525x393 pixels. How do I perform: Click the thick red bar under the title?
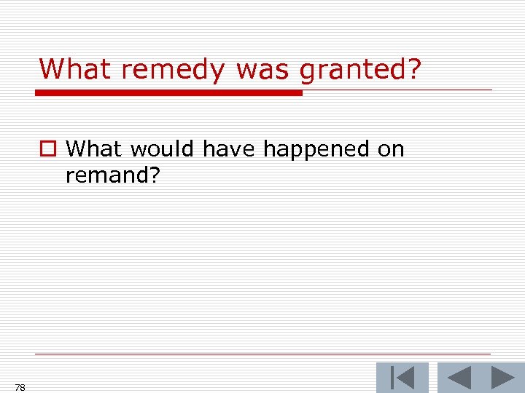(x=168, y=93)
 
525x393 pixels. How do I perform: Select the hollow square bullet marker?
(x=47, y=150)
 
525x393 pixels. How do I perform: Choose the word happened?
(x=316, y=151)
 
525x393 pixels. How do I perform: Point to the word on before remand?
(x=390, y=149)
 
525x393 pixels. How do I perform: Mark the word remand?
(x=106, y=175)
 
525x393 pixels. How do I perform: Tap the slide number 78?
(x=20, y=388)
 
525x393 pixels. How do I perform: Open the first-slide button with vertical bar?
(x=402, y=378)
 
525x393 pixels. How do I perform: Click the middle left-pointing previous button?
(x=459, y=378)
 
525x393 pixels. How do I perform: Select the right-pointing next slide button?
(x=503, y=378)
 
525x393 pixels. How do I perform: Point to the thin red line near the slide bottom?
(x=262, y=354)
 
